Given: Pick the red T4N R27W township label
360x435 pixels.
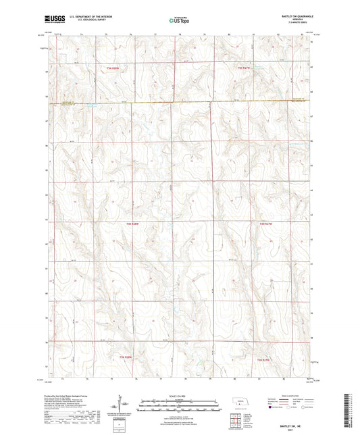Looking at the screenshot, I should (x=268, y=222).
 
